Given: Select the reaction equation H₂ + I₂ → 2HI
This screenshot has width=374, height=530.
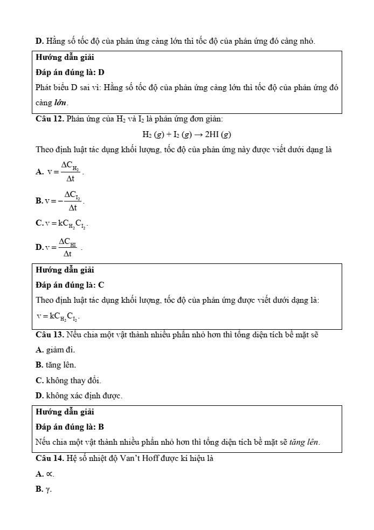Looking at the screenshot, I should point(186,134).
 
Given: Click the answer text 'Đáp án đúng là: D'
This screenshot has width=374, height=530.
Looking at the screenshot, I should point(70,72).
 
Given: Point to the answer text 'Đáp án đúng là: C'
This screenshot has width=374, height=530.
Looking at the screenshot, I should point(70,284).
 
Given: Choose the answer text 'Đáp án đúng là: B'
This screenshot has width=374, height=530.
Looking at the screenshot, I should point(70,426).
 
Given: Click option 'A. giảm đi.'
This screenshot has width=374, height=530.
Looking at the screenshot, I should point(55,350).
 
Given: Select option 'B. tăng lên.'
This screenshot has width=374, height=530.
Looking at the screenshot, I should point(56,365).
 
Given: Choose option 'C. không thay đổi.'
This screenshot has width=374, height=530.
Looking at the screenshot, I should point(68,380).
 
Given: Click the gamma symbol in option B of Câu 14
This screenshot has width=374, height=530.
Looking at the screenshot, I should point(49,490).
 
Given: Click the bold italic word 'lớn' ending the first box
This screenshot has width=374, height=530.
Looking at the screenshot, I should point(60,103).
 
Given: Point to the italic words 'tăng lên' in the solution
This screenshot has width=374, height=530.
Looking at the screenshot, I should point(304,442).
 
